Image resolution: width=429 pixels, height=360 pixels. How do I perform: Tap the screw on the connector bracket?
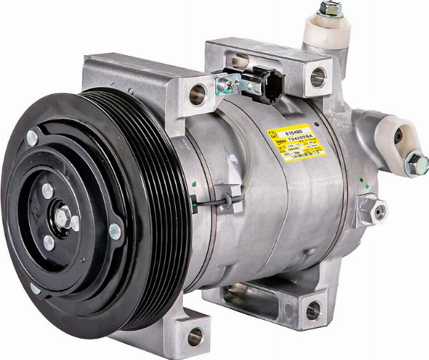click(227, 85)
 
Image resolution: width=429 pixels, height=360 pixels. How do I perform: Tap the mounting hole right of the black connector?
click(317, 76)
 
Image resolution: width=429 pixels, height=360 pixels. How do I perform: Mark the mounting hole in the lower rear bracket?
click(312, 311)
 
